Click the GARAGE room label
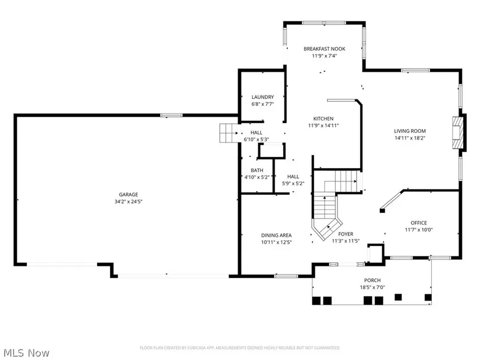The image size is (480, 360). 128,194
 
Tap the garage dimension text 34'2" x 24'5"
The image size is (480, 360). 129,201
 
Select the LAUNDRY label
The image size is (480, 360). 262,97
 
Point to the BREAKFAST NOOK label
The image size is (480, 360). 325,49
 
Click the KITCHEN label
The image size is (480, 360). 323,119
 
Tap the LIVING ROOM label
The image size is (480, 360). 410,131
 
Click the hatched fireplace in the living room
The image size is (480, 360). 458,133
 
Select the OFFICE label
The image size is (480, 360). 419,223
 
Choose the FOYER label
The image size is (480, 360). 346,234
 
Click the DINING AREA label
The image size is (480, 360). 276,235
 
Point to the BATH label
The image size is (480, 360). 257,170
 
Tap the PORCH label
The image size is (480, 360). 372,280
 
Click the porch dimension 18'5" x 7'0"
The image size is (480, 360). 372,287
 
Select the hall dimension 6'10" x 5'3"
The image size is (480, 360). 256,139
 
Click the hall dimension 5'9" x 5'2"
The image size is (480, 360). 293,183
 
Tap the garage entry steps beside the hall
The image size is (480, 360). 229,133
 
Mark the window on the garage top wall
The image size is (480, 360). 172,115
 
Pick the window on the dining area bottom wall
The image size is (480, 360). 286,276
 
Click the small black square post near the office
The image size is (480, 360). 382,211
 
